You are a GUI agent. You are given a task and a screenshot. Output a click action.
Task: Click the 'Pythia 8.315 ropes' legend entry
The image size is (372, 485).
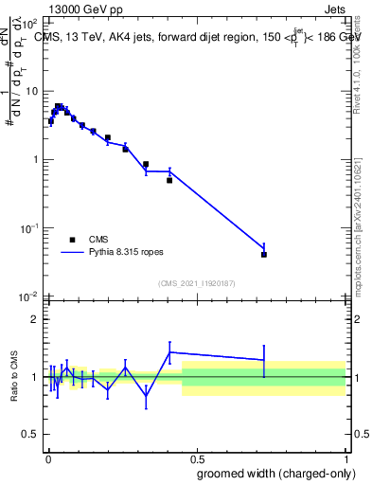pyautogui.click(x=115, y=253)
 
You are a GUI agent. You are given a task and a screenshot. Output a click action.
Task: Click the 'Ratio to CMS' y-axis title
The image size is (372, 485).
pyautogui.click(x=13, y=377)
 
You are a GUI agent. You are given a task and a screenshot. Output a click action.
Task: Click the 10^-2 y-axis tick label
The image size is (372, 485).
pyautogui.click(x=28, y=296)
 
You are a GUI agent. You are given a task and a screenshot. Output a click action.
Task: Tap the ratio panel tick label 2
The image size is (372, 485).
pyautogui.click(x=34, y=319)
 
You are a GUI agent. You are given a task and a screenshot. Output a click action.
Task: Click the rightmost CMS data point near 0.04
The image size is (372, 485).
pyautogui.click(x=264, y=254)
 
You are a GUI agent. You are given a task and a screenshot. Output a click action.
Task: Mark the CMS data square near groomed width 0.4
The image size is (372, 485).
pyautogui.click(x=169, y=180)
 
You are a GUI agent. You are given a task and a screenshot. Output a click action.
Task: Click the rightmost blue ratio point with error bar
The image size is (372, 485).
pyautogui.click(x=264, y=360)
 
